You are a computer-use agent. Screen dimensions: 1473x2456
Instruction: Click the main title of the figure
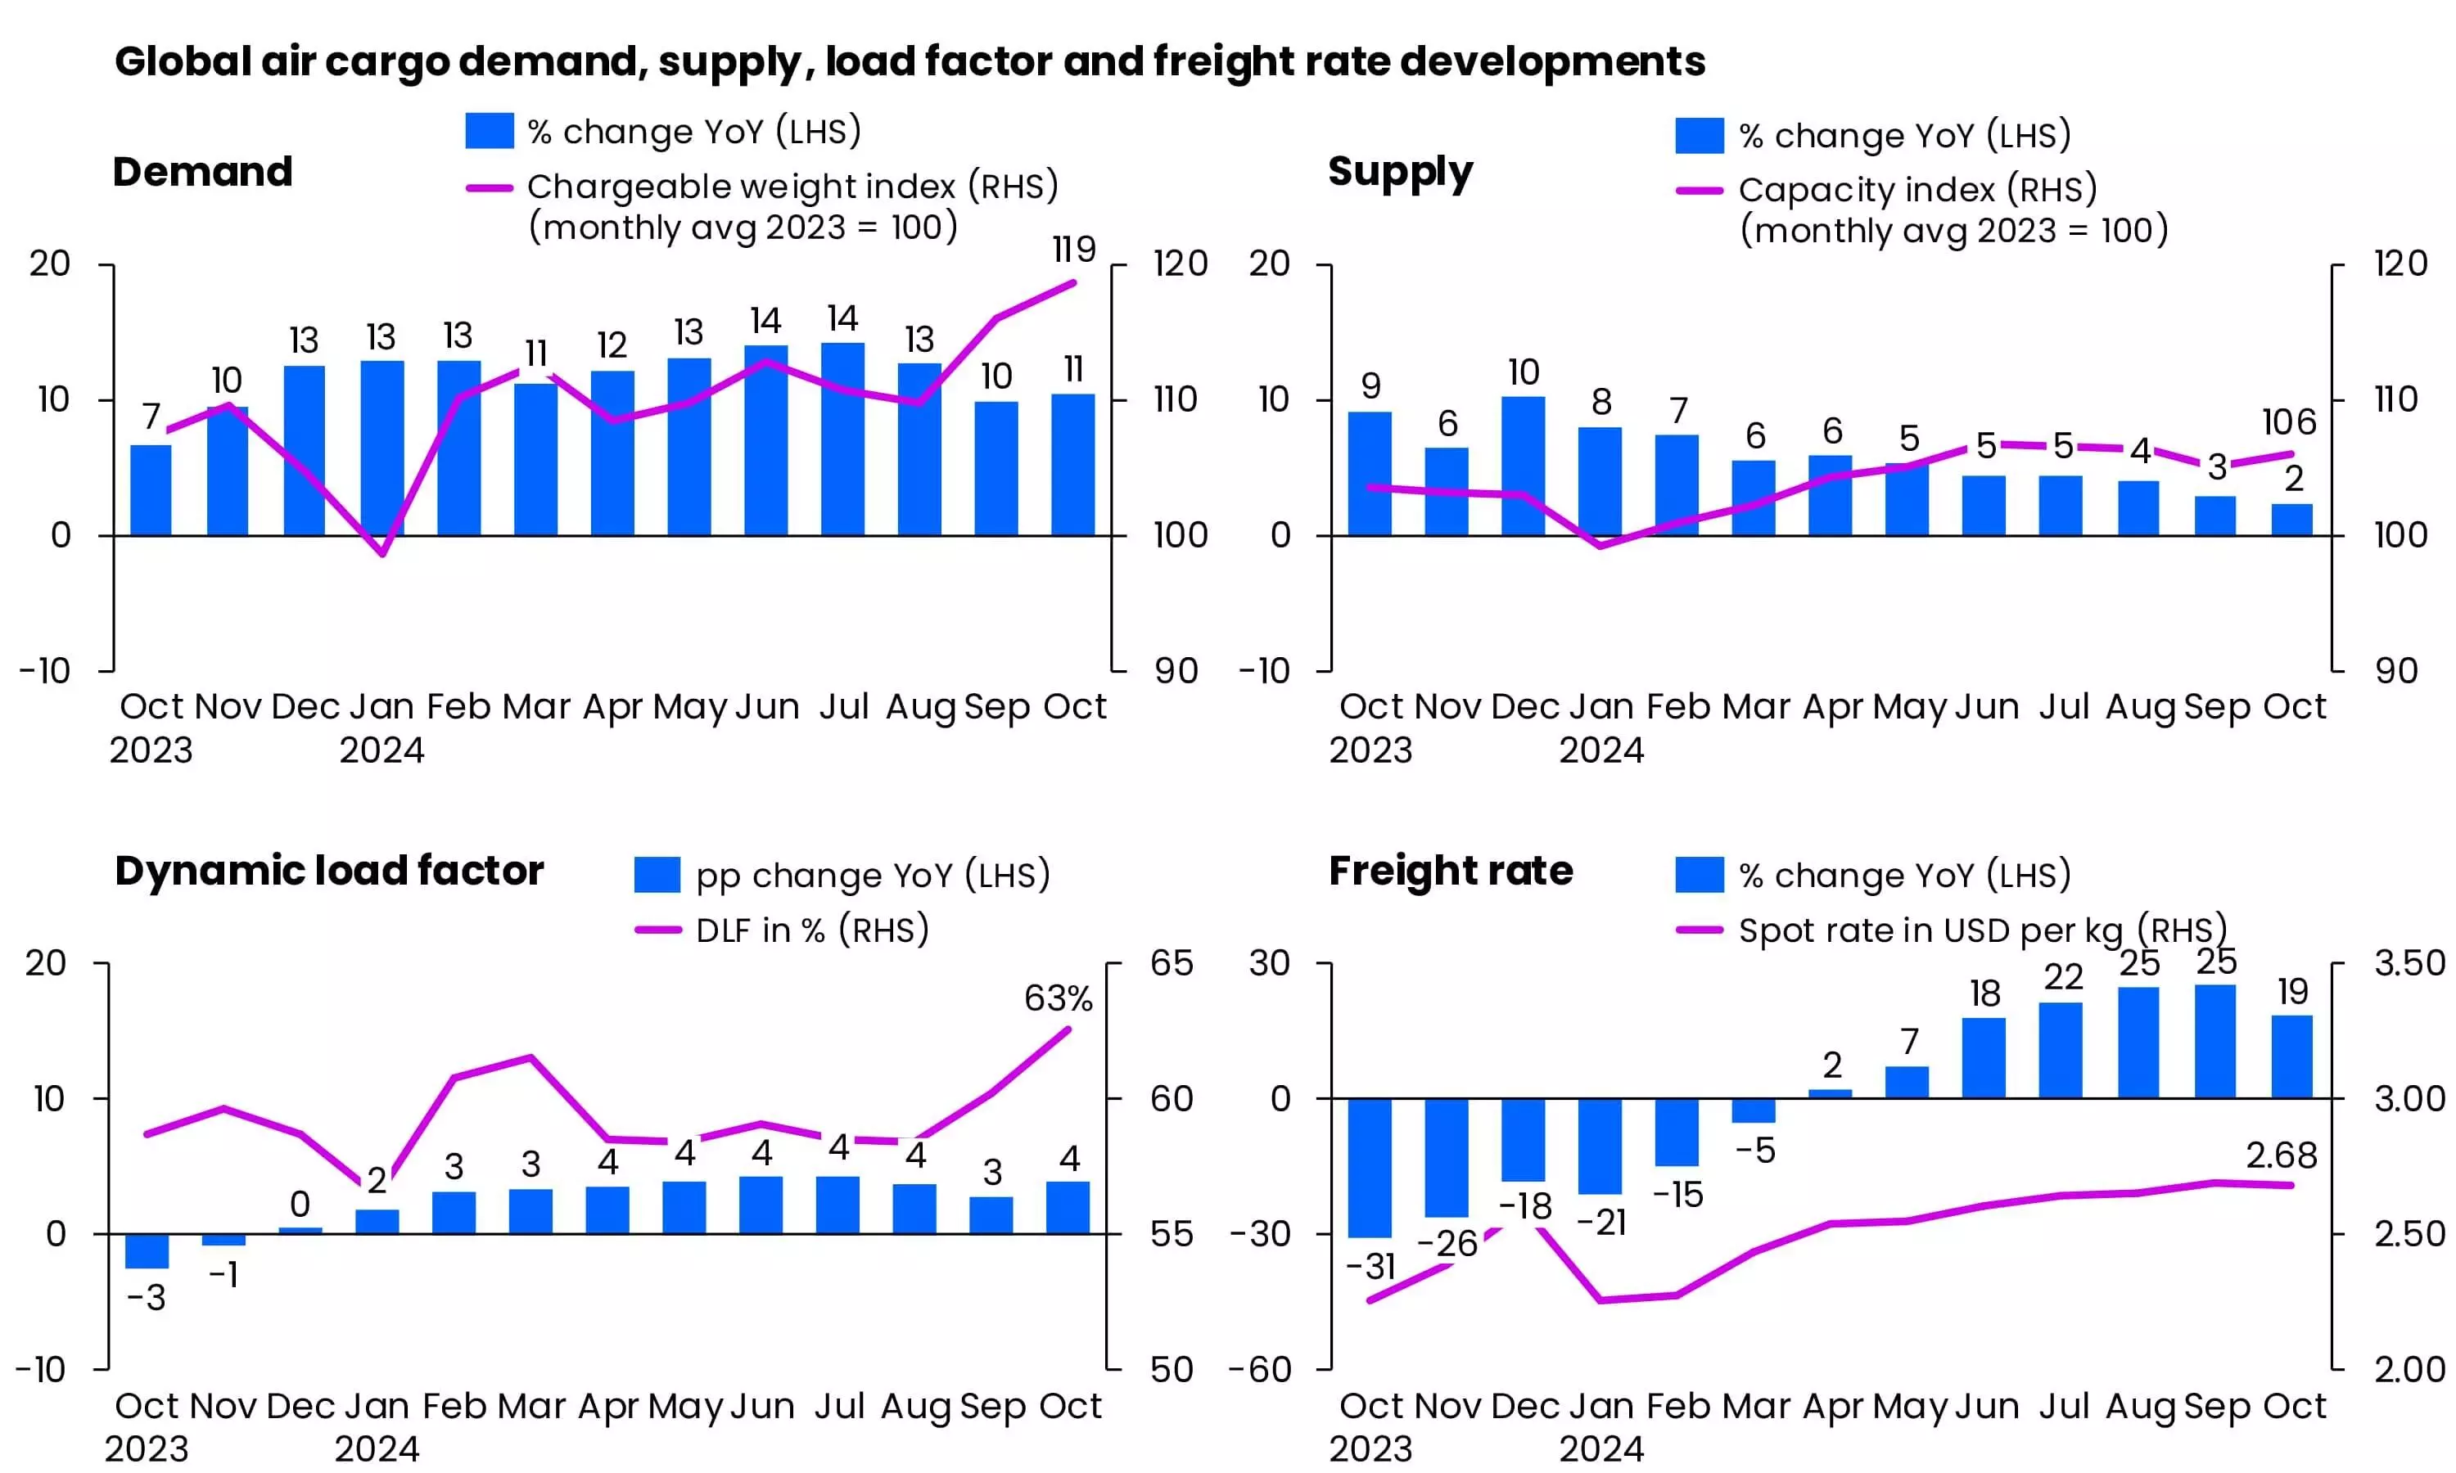[910, 61]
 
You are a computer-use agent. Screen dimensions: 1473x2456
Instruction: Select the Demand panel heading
[202, 172]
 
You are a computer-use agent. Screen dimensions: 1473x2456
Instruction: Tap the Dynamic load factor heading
[328, 871]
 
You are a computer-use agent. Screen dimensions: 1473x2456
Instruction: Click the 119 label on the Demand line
[1074, 249]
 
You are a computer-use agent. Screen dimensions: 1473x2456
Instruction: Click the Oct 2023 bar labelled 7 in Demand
[151, 490]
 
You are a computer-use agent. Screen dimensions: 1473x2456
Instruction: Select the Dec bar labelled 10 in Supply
[1523, 466]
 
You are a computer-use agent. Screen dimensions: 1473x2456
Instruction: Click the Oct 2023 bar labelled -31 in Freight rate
[1370, 1167]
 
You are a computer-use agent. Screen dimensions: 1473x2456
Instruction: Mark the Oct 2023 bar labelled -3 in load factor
[147, 1250]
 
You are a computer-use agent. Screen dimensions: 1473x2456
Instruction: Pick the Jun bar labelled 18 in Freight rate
[1984, 1058]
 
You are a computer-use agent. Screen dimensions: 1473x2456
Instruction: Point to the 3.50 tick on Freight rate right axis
[2409, 964]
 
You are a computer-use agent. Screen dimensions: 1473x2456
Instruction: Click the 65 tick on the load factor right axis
[1172, 964]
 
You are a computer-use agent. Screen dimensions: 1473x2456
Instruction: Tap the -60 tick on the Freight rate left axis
[1260, 1370]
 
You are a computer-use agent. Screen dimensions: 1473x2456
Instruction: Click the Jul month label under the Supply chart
[2064, 707]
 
